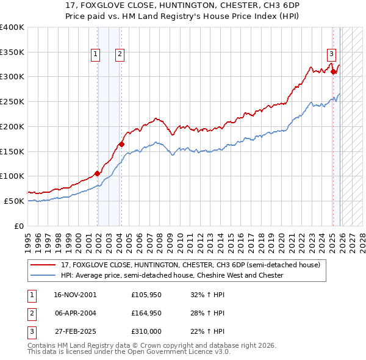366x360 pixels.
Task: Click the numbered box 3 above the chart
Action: [331, 53]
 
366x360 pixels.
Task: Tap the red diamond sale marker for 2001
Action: [98, 173]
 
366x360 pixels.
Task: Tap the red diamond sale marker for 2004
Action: [121, 144]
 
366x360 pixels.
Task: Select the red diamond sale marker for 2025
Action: [333, 72]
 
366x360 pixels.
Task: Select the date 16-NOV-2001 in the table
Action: [75, 295]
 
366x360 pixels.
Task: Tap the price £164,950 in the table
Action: [147, 313]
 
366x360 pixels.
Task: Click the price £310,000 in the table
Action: [147, 331]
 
